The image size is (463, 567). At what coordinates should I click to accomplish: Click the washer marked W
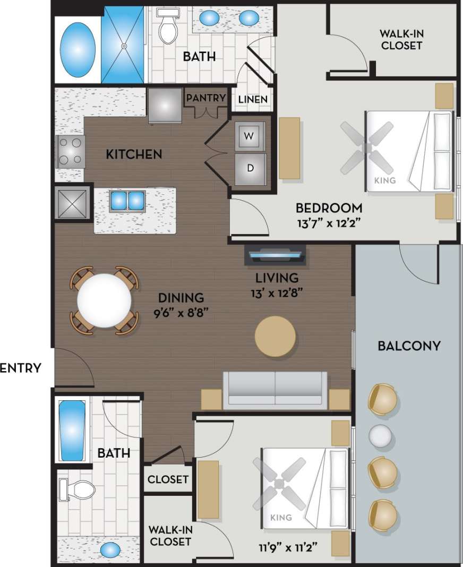click(x=248, y=135)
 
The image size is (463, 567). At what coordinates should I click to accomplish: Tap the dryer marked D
click(x=249, y=168)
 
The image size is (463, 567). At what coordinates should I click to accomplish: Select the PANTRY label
click(x=205, y=98)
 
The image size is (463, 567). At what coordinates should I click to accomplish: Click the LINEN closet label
click(x=253, y=99)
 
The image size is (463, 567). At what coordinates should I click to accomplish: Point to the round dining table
click(x=104, y=300)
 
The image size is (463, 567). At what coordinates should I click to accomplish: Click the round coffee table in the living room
click(x=275, y=336)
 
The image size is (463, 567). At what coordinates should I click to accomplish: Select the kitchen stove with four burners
click(x=70, y=151)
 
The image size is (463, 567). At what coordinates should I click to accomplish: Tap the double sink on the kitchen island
click(x=127, y=200)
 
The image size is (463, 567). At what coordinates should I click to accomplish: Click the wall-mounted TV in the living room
click(x=275, y=256)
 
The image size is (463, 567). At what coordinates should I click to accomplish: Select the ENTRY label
click(x=21, y=368)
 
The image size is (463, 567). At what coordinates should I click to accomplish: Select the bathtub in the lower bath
click(x=72, y=431)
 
